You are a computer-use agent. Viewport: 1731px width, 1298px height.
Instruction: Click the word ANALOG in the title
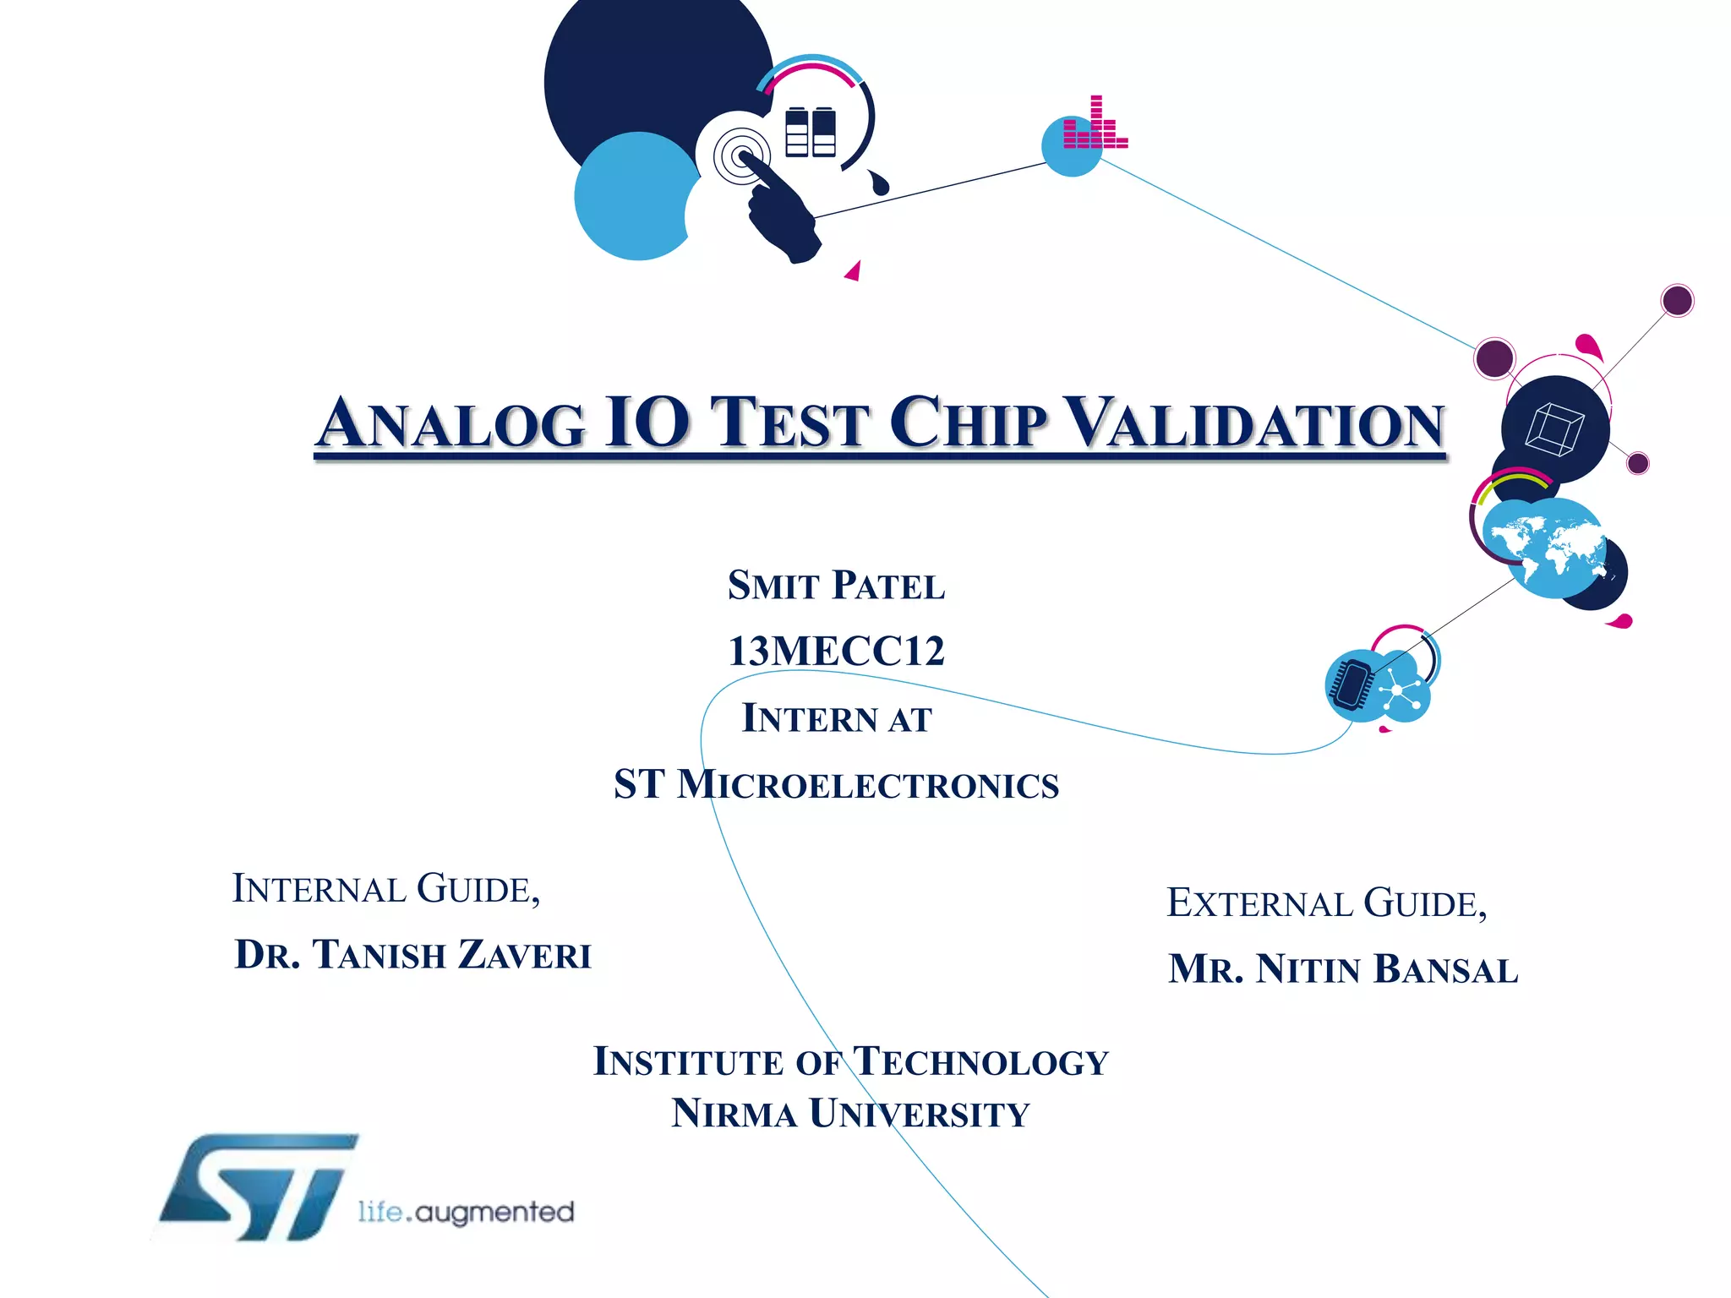tap(451, 423)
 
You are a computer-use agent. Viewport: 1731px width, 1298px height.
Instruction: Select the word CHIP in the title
tap(968, 423)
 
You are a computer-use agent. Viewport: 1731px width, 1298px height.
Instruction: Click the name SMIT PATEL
tap(836, 586)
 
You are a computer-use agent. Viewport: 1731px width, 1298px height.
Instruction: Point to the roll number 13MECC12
tap(836, 651)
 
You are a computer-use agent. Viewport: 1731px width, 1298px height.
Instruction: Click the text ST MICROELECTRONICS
tap(836, 784)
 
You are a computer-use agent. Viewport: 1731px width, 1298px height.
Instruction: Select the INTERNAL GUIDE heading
tap(386, 889)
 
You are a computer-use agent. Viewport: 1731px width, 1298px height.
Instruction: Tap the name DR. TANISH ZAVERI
tap(412, 955)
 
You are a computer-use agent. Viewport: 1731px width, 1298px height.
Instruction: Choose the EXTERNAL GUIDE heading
tap(1326, 903)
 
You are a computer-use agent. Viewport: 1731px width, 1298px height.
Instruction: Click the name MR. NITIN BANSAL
tap(1343, 969)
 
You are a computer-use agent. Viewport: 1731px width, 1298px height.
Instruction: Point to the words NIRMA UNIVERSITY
tap(850, 1114)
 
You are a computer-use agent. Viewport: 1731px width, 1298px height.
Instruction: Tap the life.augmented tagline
tap(466, 1212)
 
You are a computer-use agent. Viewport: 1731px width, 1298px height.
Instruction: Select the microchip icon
tap(1352, 684)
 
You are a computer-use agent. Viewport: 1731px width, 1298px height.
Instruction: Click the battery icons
tap(810, 133)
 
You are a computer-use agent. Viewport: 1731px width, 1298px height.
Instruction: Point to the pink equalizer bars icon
tap(1095, 125)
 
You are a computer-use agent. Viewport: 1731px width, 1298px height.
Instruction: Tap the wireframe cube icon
tap(1554, 428)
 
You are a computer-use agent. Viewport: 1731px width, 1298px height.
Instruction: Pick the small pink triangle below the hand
tap(854, 271)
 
